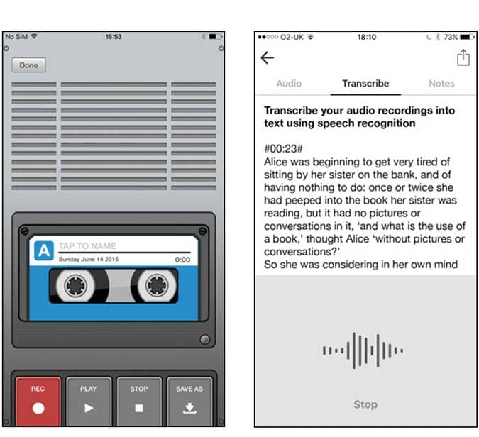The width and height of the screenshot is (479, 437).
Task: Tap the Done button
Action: click(28, 65)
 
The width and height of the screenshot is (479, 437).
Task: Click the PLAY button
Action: click(89, 402)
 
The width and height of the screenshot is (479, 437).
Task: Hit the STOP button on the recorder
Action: click(139, 402)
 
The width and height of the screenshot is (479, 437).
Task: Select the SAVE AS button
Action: click(189, 402)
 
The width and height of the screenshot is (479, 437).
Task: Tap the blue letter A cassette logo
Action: click(44, 250)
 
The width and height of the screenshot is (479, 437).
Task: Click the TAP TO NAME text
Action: click(87, 246)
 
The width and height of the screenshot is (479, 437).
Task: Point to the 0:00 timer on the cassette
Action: click(182, 260)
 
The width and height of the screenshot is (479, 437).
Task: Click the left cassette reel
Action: click(75, 286)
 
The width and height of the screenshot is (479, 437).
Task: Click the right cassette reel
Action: click(157, 286)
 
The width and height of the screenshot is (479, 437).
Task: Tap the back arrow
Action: click(268, 57)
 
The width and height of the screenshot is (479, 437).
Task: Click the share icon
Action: click(463, 57)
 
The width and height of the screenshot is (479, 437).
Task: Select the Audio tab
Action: click(289, 84)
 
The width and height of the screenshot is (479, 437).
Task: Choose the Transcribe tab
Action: click(365, 84)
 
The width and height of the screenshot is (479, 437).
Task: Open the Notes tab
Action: click(441, 84)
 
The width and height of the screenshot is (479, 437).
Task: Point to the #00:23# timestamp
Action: click(283, 149)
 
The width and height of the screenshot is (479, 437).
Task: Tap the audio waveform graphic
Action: click(363, 350)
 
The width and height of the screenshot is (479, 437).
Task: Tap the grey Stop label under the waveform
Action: click(365, 404)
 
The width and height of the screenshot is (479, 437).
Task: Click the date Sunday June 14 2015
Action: click(89, 259)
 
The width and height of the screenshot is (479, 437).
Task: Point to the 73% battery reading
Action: click(451, 38)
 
